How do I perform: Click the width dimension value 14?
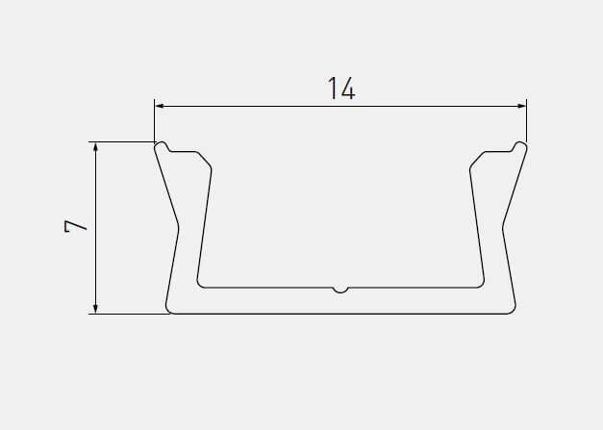click(340, 89)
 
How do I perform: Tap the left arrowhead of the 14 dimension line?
click(160, 105)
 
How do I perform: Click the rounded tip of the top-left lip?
click(161, 146)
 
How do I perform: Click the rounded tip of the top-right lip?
click(520, 146)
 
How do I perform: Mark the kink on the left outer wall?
click(177, 227)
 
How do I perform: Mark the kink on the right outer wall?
click(504, 227)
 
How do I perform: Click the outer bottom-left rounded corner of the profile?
click(169, 309)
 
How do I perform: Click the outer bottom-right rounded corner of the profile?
click(512, 309)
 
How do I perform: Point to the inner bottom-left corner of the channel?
click(200, 284)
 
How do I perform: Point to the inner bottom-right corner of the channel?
click(481, 284)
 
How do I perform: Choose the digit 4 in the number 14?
click(348, 89)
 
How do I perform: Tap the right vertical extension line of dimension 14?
click(527, 120)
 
